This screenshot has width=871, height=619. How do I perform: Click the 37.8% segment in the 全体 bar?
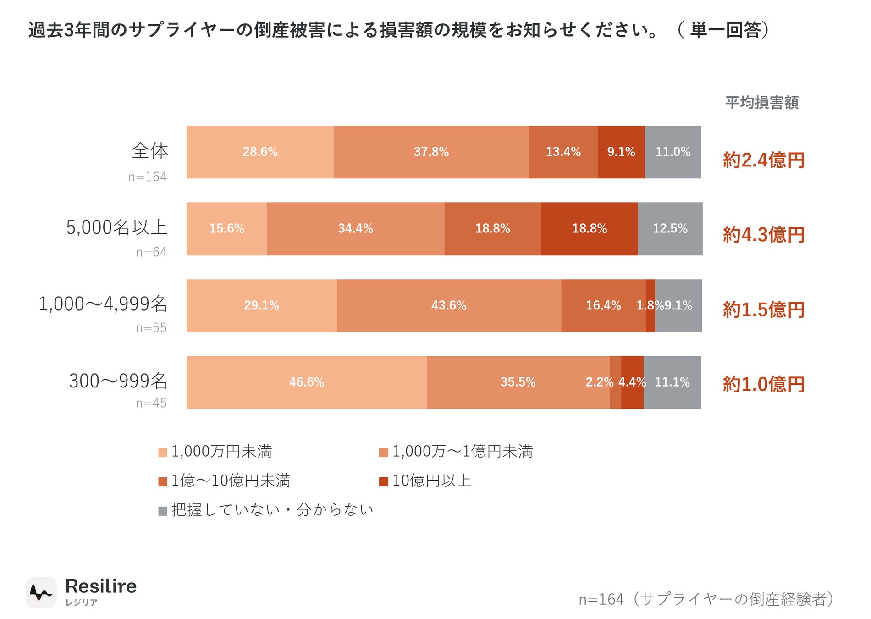[x=431, y=152]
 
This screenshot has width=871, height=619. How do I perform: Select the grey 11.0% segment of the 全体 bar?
[x=673, y=152]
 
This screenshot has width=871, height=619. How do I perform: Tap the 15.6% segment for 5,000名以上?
[x=227, y=229]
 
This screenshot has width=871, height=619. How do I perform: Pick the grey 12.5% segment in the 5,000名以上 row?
[x=670, y=229]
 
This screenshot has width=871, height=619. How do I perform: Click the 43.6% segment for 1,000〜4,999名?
[x=449, y=305]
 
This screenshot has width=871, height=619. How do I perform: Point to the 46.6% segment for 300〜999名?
[x=307, y=382]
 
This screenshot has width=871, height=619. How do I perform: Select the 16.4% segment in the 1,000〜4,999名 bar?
[x=604, y=305]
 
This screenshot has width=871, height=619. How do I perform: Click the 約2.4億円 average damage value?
[x=764, y=160]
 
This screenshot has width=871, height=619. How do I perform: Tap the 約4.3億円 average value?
[x=764, y=235]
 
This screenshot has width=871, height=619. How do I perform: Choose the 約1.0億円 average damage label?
[x=764, y=384]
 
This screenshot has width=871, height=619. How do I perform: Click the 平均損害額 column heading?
[x=762, y=102]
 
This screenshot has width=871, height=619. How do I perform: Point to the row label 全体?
[x=150, y=150]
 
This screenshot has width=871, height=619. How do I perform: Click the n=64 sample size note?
[x=151, y=252]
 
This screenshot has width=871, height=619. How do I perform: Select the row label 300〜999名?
[x=118, y=381]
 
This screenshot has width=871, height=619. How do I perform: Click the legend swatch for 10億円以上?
[x=384, y=481]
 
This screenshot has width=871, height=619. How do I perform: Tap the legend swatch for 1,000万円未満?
[x=163, y=453]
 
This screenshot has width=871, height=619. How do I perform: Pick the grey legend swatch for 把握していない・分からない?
[x=163, y=511]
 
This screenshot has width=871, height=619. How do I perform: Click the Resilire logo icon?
[x=41, y=592]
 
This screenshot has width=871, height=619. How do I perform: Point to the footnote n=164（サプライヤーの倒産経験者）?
[x=706, y=599]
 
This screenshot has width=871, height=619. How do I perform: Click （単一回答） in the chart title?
[x=724, y=30]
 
